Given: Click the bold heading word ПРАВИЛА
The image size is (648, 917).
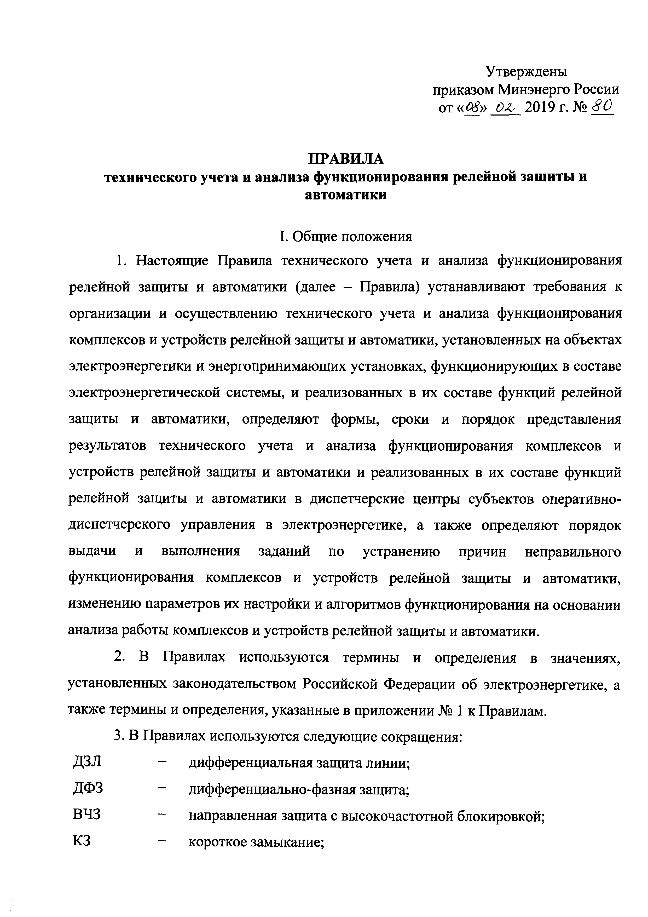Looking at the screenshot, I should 346,159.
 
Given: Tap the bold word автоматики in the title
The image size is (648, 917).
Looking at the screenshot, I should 346,195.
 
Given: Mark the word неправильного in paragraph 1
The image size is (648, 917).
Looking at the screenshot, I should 573,552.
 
